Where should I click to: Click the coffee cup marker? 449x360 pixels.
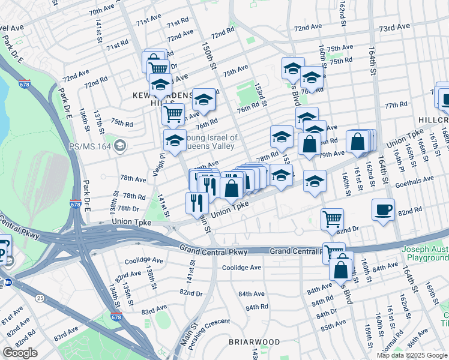383,211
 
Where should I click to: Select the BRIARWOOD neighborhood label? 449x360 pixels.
254,342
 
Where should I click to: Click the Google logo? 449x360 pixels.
20,353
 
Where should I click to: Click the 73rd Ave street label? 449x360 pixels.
394,27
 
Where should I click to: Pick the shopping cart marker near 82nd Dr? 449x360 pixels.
331,219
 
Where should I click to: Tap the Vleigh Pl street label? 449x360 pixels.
161,163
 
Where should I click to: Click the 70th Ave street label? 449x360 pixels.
101,11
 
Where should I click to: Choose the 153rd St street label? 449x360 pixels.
259,94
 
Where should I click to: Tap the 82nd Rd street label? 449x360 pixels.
411,212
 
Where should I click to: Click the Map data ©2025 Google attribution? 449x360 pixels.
412,355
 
